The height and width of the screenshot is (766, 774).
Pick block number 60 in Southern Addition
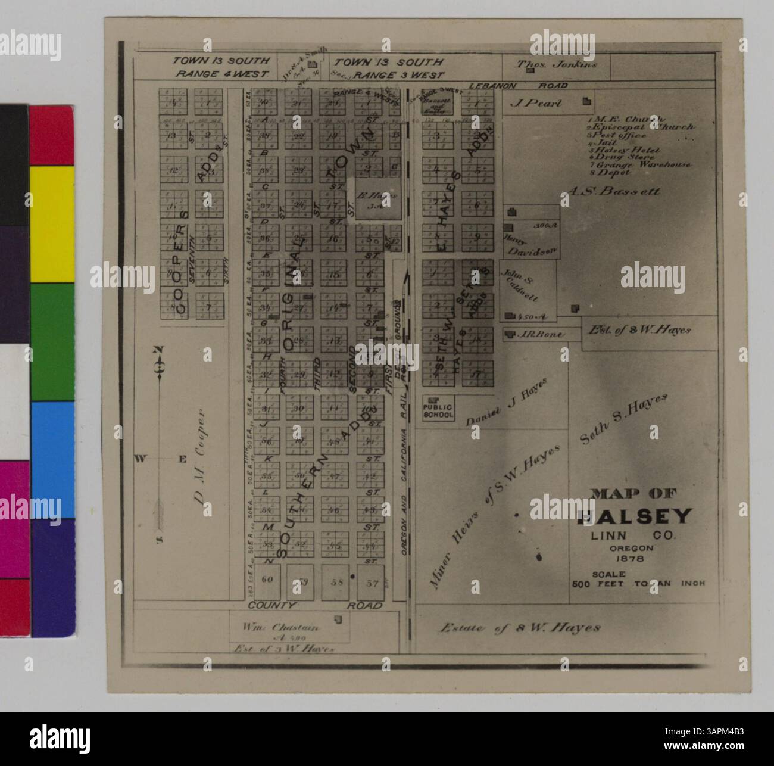pyautogui.click(x=267, y=580)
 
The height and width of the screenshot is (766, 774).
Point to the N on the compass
pyautogui.click(x=159, y=350)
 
